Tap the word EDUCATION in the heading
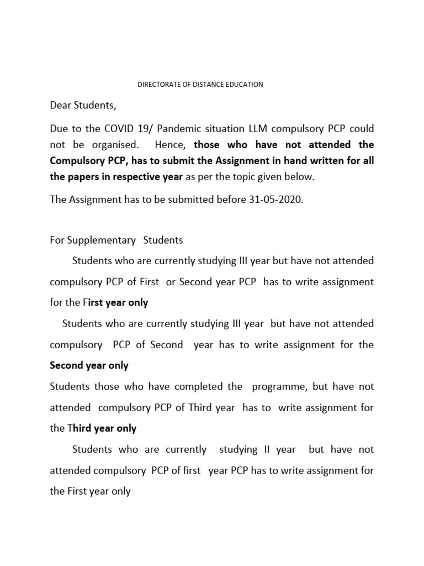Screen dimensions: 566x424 (x=244, y=85)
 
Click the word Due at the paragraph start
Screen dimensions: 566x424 (x=59, y=128)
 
